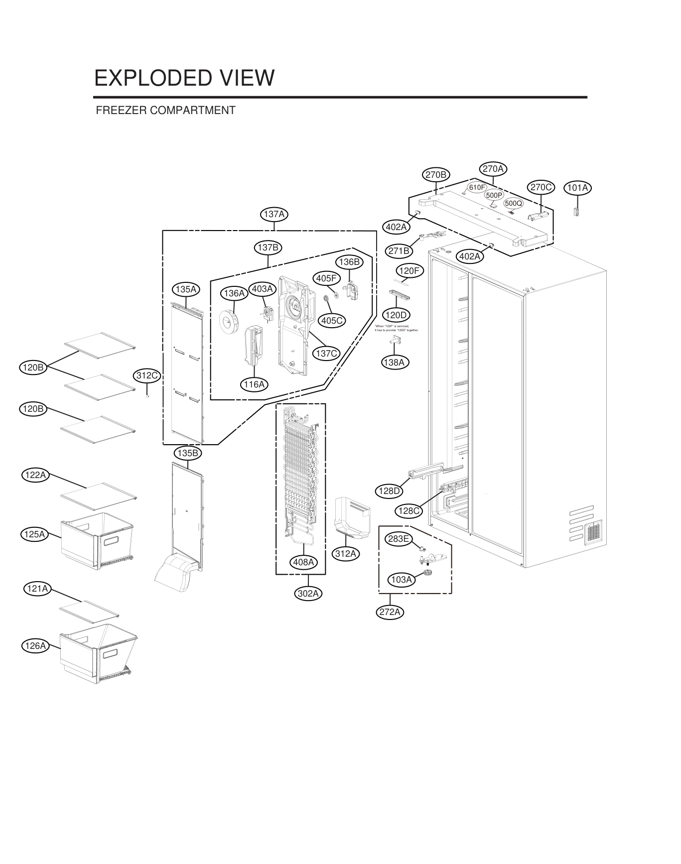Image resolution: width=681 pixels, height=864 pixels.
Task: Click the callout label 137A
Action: pos(274,214)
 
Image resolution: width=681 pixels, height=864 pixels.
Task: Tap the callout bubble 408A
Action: pos(303,562)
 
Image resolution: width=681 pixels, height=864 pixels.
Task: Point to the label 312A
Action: pos(345,553)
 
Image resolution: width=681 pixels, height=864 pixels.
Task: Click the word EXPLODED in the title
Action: pos(150,78)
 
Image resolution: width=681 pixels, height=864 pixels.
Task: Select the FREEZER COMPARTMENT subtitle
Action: pos(165,110)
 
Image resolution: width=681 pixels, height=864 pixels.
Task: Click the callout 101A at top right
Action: pos(577,188)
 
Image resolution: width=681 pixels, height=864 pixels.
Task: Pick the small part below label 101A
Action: pos(577,212)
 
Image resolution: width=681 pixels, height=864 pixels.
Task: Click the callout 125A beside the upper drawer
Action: pos(35,534)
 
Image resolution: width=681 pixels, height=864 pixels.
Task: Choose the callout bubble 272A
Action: pos(390,612)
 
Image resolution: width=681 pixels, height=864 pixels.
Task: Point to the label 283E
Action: pos(399,539)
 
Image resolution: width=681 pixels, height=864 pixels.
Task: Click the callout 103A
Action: pos(402,580)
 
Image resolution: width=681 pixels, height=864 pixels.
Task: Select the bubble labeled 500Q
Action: pos(513,203)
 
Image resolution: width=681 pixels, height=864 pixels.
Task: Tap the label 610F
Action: pos(477,187)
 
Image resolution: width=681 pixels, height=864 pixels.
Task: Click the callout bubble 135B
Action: pos(188,453)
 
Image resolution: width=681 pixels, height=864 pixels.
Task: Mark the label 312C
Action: pos(147,375)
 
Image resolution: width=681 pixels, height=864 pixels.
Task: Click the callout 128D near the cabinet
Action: pos(390,491)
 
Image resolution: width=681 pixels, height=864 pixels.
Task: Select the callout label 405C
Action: pos(332,320)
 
